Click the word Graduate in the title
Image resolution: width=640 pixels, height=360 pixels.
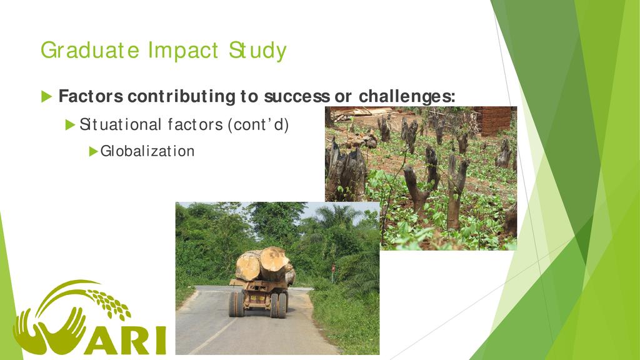point(90,51)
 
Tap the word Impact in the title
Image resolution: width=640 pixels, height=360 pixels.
point(183,51)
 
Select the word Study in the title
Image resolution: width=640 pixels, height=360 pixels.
point(257,51)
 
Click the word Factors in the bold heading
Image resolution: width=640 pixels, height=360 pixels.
point(91,96)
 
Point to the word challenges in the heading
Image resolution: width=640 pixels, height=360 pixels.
point(407,97)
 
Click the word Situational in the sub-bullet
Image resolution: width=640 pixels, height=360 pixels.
point(121,124)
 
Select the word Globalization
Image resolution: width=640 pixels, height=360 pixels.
point(147,151)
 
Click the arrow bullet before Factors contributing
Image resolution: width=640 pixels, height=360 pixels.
point(46,97)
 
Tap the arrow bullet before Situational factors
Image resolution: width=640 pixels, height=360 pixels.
point(70,125)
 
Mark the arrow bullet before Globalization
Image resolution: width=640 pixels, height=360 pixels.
point(94,151)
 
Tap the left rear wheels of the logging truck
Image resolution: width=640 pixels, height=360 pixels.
point(237,304)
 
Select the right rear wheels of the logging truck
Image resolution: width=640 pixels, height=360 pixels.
point(279,305)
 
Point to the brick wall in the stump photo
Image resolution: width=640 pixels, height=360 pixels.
point(493,121)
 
